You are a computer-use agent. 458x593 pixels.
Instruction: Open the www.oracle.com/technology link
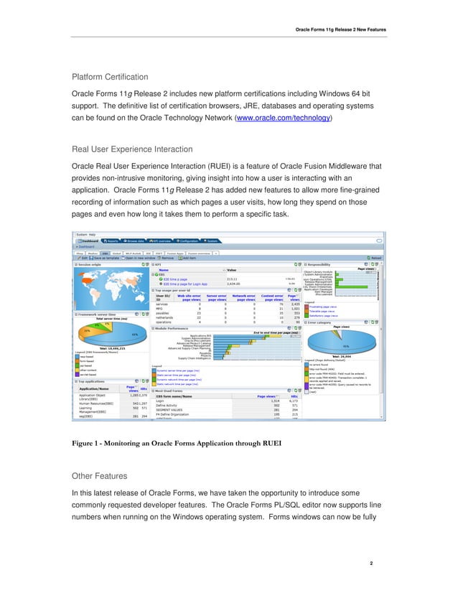284,118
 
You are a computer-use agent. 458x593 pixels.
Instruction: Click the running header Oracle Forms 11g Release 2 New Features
341,29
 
